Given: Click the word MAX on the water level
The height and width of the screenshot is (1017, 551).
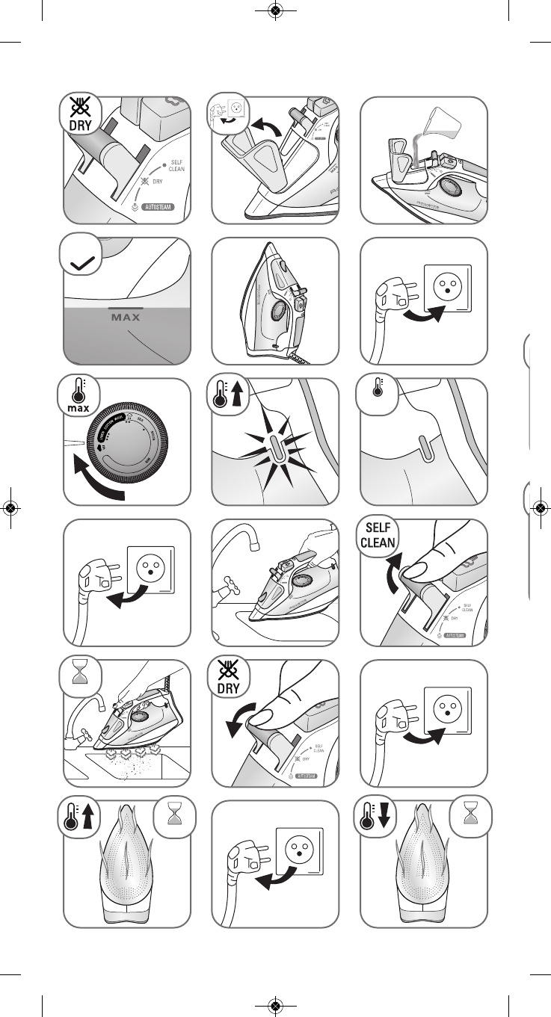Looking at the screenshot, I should pyautogui.click(x=126, y=316).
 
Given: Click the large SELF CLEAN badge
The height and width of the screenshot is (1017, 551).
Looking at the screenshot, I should pyautogui.click(x=378, y=535).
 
